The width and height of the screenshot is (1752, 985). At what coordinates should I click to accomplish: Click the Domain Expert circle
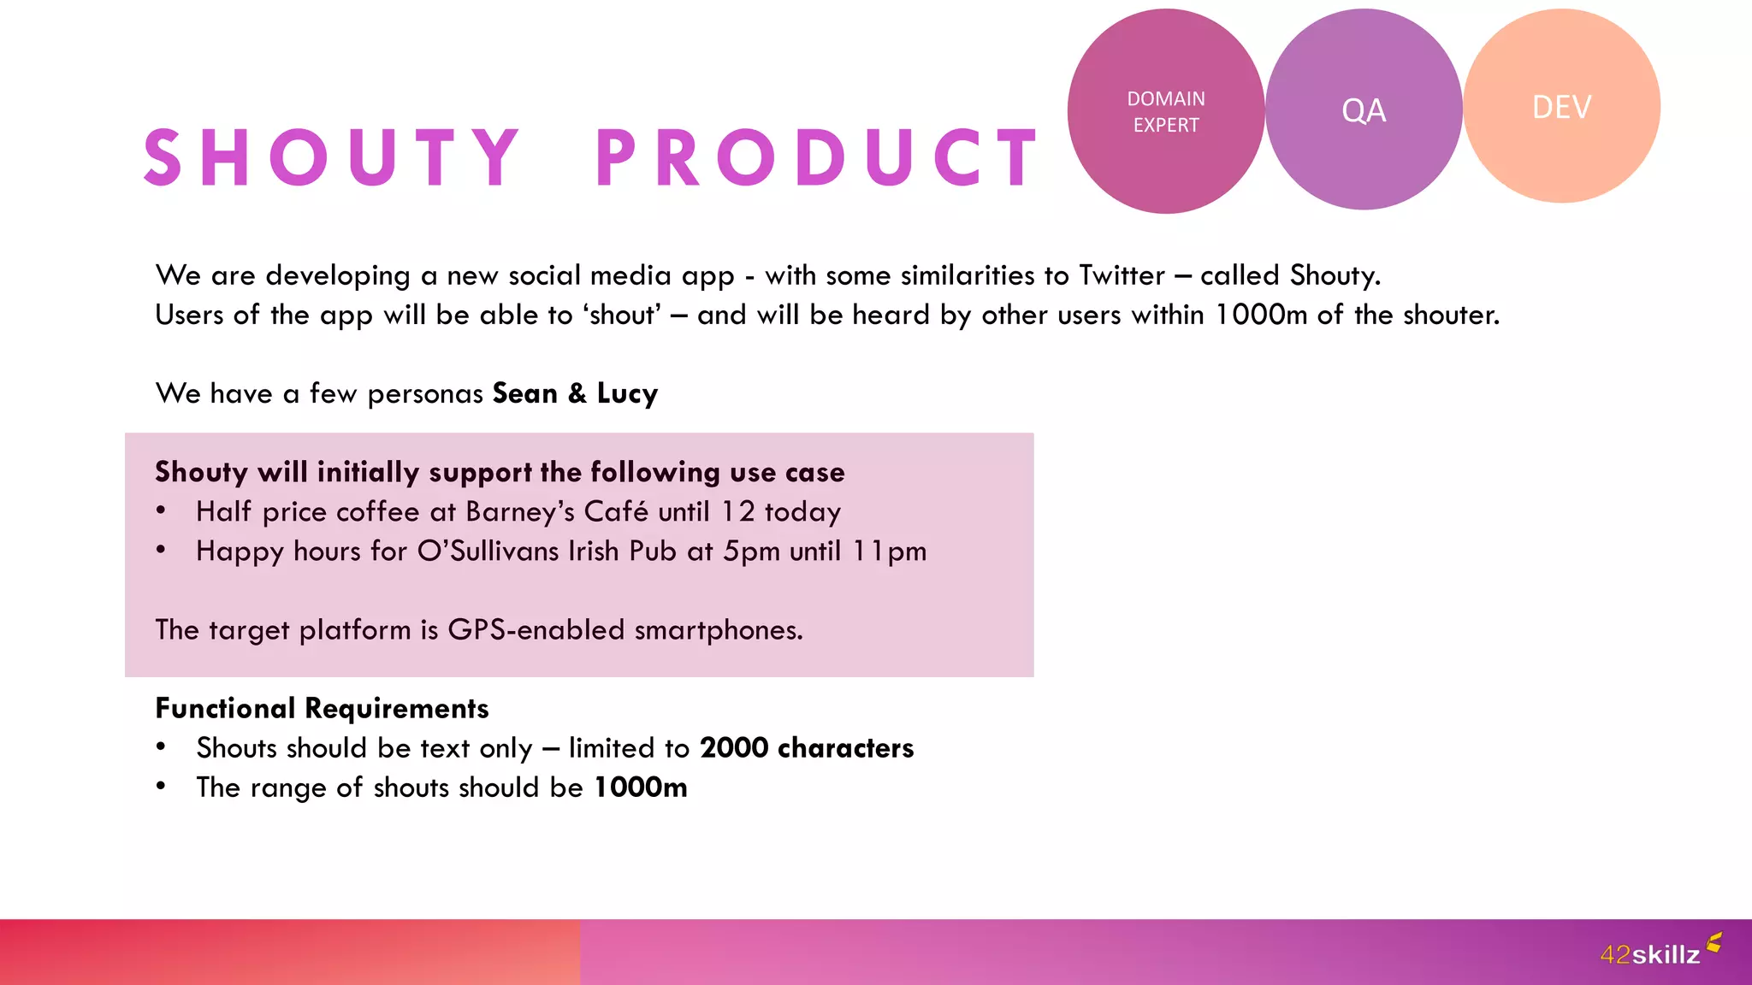coord(1165,111)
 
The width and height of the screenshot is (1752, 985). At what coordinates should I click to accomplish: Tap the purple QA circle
coord(1364,109)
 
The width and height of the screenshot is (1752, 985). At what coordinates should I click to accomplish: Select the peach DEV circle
coord(1561,106)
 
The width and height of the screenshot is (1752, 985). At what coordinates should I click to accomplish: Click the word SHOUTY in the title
coord(332,158)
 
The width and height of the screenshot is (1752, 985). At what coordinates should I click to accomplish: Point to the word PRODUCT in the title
coord(817,158)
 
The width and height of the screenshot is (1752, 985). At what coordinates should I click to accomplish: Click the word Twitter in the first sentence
coord(1122,275)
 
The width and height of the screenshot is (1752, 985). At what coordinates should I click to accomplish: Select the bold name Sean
coord(525,393)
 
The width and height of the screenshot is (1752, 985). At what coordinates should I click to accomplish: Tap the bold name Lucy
coord(627,393)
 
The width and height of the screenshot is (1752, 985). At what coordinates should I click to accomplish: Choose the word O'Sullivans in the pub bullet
coord(488,551)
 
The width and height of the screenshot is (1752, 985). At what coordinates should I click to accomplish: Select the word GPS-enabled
coord(536,630)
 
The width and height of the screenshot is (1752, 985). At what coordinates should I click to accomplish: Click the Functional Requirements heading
coord(322,708)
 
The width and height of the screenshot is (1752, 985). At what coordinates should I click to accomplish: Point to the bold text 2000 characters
coord(807,748)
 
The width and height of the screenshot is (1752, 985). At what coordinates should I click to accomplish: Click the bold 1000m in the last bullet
coord(641,787)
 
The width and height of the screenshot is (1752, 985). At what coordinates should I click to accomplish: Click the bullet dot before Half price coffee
coord(161,510)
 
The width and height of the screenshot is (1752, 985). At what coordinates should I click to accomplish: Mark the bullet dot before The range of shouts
coord(161,786)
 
